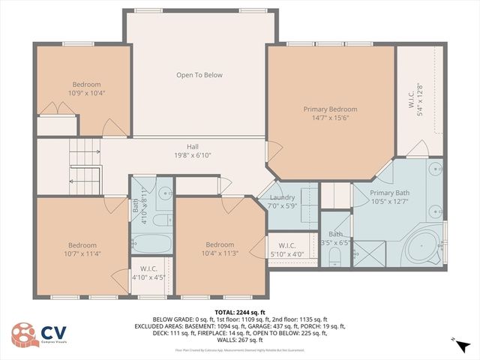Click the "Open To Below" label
coord(199,75)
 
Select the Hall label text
coord(193,147)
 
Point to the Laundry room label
coord(282,198)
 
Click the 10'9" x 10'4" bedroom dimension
coord(86,93)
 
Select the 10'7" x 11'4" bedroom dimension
coord(82,253)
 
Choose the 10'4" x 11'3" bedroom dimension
coord(220,253)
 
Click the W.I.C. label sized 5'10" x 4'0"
coord(287,253)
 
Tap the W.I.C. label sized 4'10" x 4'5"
coord(147,277)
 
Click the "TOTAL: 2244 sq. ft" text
coord(240,312)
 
